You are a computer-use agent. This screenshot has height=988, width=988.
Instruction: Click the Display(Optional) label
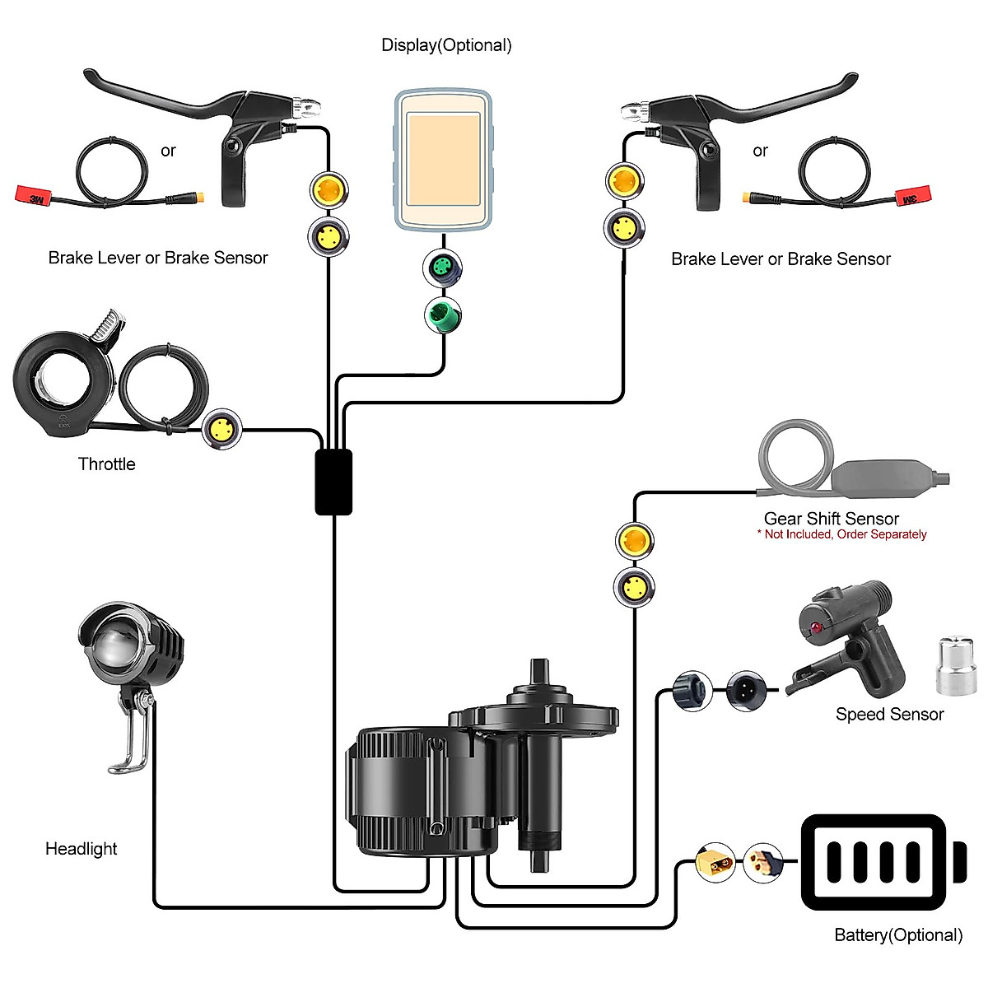[x=446, y=45]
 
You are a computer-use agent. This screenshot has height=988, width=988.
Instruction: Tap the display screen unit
[x=444, y=161]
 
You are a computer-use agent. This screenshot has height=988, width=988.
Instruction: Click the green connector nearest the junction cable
[x=443, y=315]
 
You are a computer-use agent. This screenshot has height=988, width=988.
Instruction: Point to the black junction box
[x=333, y=482]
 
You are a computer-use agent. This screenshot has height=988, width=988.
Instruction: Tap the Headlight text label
[x=81, y=849]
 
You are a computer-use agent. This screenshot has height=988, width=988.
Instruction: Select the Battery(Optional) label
[x=897, y=935]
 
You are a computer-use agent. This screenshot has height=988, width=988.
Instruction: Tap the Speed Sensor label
[x=889, y=715]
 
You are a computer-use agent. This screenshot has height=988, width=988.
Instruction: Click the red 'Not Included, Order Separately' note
[x=841, y=534]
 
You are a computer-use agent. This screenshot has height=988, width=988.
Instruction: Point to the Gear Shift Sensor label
[x=831, y=519]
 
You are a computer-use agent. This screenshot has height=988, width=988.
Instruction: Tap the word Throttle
[x=106, y=464]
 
